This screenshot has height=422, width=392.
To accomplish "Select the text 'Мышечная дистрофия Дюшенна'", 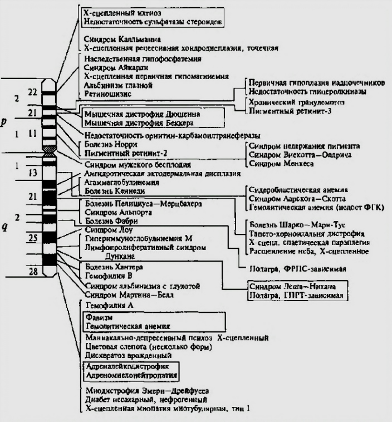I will [139, 114].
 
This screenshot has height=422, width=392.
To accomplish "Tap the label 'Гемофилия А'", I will [106, 306].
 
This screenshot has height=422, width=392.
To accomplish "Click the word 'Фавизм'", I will [99, 318].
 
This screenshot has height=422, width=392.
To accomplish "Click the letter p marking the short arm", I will [4, 121].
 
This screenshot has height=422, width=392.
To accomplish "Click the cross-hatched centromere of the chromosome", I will [51, 149].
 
